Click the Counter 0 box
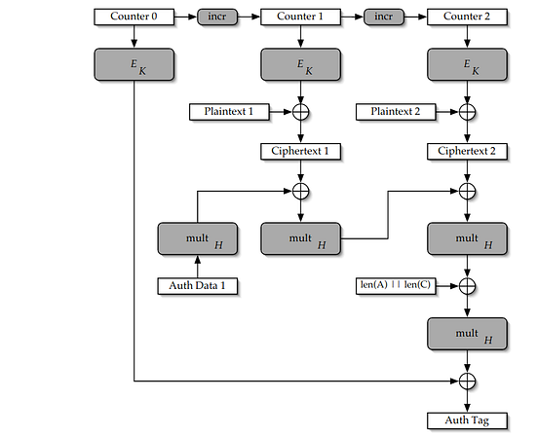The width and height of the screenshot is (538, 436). [134, 17]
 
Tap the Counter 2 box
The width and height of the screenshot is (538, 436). [467, 17]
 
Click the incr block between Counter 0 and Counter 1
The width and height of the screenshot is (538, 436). [217, 17]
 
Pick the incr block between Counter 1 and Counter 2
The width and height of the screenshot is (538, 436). [384, 17]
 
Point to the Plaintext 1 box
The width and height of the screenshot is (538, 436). [230, 112]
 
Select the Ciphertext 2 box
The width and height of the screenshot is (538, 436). [467, 151]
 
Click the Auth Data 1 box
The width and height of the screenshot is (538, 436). [197, 286]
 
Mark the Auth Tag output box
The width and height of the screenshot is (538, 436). [467, 420]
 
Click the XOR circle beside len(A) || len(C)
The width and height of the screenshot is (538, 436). [467, 285]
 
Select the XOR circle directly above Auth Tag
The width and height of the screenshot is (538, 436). [467, 381]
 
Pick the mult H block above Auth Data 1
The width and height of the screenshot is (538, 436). [197, 238]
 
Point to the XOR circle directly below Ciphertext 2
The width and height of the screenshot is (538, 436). [467, 191]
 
